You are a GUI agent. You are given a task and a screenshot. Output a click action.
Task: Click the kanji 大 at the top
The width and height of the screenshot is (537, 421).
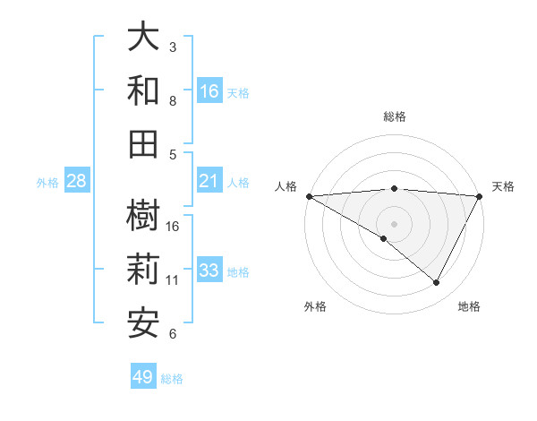[x=144, y=38]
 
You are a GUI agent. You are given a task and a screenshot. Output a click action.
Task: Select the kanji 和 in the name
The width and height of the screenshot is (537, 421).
[x=144, y=90]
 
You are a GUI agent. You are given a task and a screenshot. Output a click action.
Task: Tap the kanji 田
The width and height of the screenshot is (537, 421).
[x=144, y=143]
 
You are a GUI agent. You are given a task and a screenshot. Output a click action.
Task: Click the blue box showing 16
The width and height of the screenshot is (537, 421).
[x=209, y=90]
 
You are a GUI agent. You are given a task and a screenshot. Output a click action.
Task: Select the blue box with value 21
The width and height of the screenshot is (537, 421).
[x=209, y=181]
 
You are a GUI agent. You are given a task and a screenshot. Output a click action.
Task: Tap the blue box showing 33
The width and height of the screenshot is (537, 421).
[x=209, y=271]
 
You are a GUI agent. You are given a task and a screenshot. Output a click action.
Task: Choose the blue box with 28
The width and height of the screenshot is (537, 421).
[x=77, y=181]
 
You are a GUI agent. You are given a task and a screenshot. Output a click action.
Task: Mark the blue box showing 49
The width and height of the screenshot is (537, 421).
[x=143, y=377]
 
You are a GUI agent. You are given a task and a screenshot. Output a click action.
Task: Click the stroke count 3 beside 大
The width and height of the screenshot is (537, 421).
[x=173, y=47]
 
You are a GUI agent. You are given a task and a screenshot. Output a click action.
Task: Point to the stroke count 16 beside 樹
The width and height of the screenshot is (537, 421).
[x=174, y=227]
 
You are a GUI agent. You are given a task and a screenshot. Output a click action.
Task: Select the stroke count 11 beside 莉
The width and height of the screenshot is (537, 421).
[x=174, y=280]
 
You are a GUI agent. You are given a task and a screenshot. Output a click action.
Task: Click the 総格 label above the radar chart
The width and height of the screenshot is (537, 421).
[x=395, y=116]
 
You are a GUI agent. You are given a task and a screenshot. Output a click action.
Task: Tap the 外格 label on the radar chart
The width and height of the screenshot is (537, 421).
[x=315, y=306]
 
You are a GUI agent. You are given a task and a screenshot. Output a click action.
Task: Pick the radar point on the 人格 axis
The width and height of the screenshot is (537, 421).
[x=309, y=196]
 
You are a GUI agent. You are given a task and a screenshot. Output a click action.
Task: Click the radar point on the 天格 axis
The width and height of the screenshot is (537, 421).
[x=480, y=196]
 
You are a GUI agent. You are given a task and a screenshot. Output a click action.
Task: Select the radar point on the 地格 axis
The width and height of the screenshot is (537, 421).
[x=437, y=283]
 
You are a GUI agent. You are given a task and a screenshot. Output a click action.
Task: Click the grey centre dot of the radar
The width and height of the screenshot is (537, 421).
[x=395, y=223]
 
